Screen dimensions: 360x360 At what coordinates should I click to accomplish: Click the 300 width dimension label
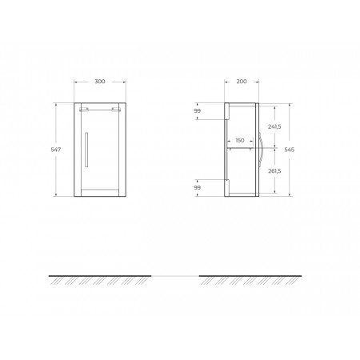100,82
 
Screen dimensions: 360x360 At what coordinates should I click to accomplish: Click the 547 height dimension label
56,150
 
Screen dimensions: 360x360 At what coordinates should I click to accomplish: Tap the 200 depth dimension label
242,82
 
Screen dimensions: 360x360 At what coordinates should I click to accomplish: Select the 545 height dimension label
290,150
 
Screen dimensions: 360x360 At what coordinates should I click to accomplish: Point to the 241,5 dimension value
274,127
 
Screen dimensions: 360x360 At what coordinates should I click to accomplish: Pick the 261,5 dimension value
274,171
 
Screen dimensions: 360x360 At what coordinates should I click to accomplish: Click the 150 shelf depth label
240,140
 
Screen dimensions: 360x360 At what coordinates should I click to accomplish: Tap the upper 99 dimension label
197,111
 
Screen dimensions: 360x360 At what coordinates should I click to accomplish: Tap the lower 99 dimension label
197,187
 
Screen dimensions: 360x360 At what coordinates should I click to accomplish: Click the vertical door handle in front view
86,150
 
